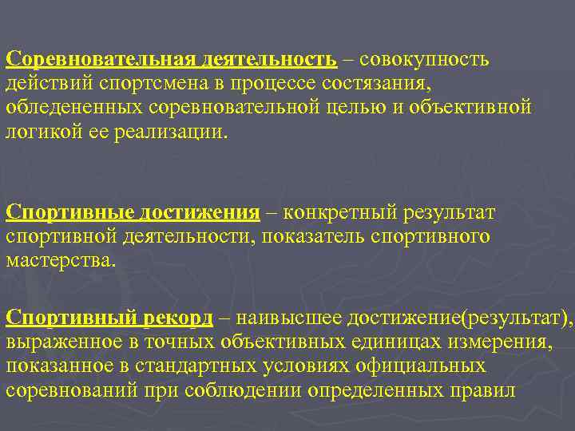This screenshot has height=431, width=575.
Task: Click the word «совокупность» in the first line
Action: coord(426,60)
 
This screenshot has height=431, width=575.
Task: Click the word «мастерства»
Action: coord(61,260)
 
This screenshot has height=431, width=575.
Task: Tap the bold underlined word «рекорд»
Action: coord(179,319)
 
